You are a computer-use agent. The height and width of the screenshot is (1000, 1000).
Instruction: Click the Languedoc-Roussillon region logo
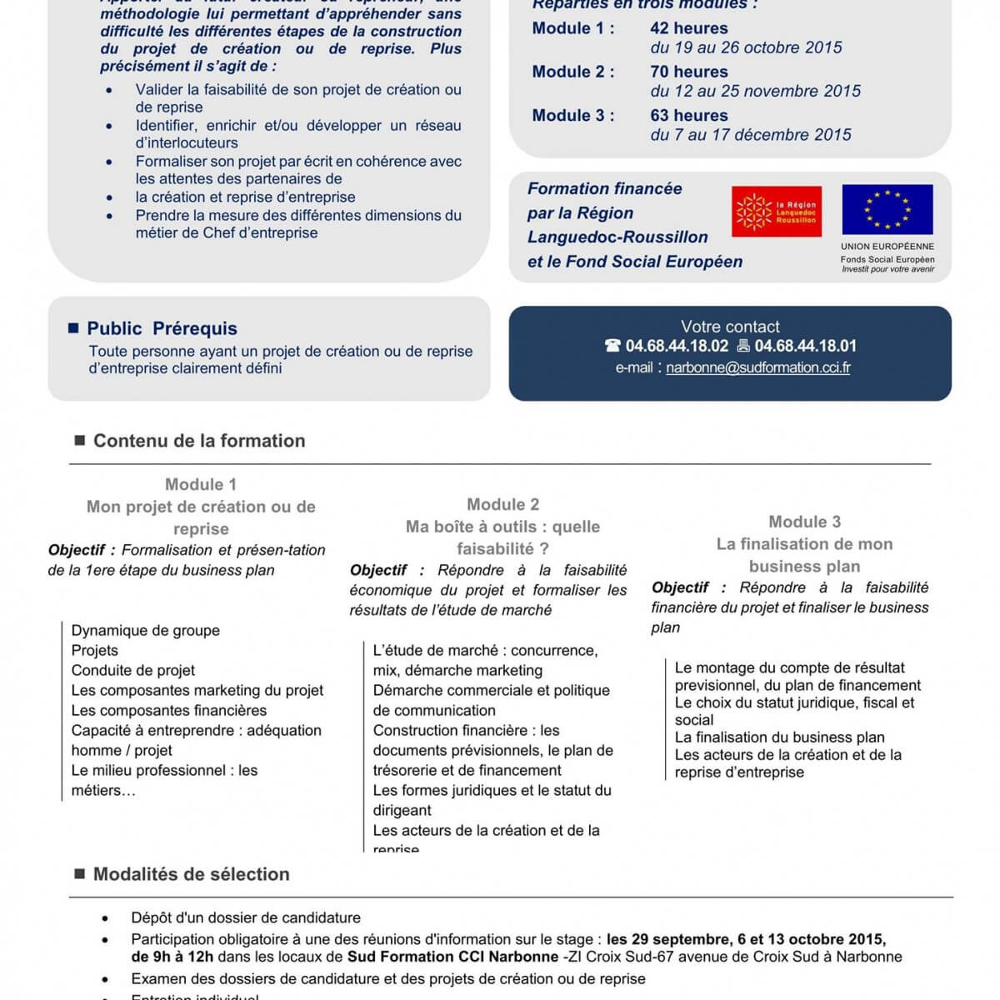pyautogui.click(x=776, y=211)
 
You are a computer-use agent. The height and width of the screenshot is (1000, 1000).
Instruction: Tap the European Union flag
pyautogui.click(x=887, y=209)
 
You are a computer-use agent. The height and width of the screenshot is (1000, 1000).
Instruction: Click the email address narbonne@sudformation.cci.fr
pyautogui.click(x=757, y=367)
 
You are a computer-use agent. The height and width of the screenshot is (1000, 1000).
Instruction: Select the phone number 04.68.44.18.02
pyautogui.click(x=677, y=346)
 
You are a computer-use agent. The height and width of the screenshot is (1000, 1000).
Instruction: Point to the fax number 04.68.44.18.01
pyautogui.click(x=805, y=346)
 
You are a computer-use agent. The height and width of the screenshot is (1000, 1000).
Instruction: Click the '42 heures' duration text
pyautogui.click(x=688, y=28)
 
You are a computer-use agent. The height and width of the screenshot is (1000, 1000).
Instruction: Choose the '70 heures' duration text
pyautogui.click(x=688, y=72)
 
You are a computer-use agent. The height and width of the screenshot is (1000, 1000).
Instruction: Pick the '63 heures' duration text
pyautogui.click(x=688, y=115)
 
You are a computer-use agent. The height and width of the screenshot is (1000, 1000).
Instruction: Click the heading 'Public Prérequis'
pyautogui.click(x=162, y=328)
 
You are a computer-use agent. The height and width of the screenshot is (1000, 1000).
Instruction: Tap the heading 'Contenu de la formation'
pyautogui.click(x=199, y=441)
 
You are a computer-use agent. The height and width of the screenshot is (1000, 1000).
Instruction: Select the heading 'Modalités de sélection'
pyautogui.click(x=191, y=874)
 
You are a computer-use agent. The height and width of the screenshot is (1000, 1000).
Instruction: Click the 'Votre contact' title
pyautogui.click(x=730, y=327)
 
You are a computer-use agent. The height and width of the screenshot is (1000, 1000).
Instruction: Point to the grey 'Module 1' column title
pyautogui.click(x=201, y=484)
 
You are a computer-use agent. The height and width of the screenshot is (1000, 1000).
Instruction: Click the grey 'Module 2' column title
pyautogui.click(x=502, y=504)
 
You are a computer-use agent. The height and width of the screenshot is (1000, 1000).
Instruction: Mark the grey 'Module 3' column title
pyautogui.click(x=804, y=522)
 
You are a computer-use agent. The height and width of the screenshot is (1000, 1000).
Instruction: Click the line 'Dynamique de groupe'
pyautogui.click(x=146, y=631)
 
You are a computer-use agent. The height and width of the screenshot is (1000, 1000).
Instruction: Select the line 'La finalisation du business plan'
pyautogui.click(x=779, y=737)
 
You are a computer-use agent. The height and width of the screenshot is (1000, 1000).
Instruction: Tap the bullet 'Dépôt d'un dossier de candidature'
pyautogui.click(x=246, y=917)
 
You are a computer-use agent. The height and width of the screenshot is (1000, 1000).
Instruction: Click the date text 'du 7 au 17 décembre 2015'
pyautogui.click(x=751, y=134)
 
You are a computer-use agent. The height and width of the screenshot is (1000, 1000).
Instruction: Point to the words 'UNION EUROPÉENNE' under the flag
pyautogui.click(x=887, y=247)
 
